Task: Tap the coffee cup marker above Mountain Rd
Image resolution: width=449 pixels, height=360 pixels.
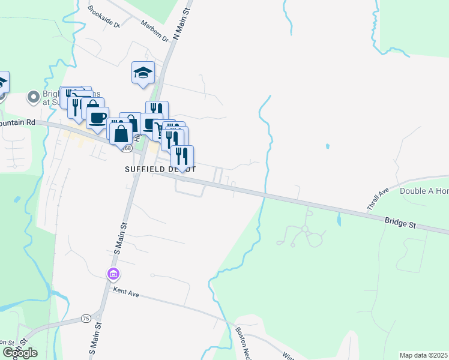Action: (x=97, y=116)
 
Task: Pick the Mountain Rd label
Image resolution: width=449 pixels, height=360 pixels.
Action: (x=18, y=122)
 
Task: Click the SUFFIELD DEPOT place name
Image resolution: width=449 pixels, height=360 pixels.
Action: (x=160, y=170)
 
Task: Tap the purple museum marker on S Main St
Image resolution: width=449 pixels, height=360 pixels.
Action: (x=113, y=274)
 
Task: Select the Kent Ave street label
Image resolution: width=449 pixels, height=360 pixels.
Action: (x=126, y=292)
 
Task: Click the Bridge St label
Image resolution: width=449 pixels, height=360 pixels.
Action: (x=400, y=223)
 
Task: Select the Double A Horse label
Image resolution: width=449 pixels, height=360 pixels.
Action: (x=424, y=191)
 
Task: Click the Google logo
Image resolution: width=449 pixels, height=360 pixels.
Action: (x=20, y=352)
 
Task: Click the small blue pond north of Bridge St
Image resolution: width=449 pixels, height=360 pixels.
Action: (x=327, y=146)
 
